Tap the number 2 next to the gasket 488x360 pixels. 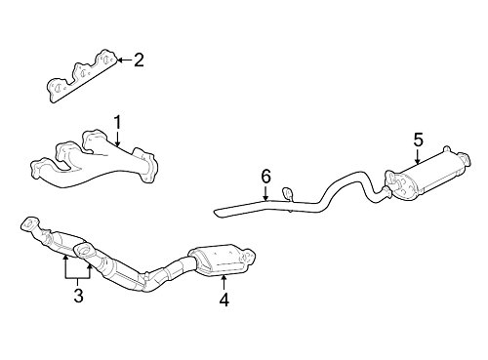point(139,60)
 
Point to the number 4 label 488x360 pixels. point(224,301)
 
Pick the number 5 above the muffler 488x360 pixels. point(417,139)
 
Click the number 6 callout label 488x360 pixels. point(265,176)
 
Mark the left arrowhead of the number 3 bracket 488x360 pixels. point(63,259)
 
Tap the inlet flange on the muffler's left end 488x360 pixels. point(391,180)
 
